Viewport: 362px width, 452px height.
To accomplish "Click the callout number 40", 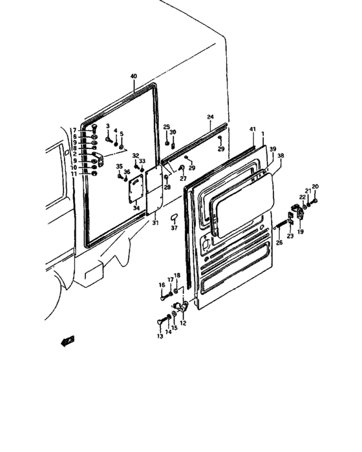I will point(133,76).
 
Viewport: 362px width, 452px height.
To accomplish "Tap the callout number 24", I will point(210,117).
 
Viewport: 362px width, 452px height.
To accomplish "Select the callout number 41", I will point(252,130).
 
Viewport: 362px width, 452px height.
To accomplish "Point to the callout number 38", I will point(281,156).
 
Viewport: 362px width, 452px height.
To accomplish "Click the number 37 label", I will point(174,229).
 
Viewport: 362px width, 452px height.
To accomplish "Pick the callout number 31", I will point(154,223).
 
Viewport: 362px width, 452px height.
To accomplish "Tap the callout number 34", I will point(135,208).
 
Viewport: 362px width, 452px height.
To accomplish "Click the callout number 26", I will point(279,243).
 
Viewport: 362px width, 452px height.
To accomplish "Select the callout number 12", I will point(183,323).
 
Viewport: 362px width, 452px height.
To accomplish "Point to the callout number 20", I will point(315,187).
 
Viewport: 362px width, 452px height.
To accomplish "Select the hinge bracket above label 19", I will point(299,211).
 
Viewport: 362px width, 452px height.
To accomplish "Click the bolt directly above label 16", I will point(162,298).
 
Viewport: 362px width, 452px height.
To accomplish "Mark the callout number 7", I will point(75,130).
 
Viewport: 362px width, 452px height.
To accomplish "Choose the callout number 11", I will point(75,174).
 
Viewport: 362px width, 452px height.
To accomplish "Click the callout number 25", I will point(166,127).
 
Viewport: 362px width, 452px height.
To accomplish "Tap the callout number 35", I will point(120,167).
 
